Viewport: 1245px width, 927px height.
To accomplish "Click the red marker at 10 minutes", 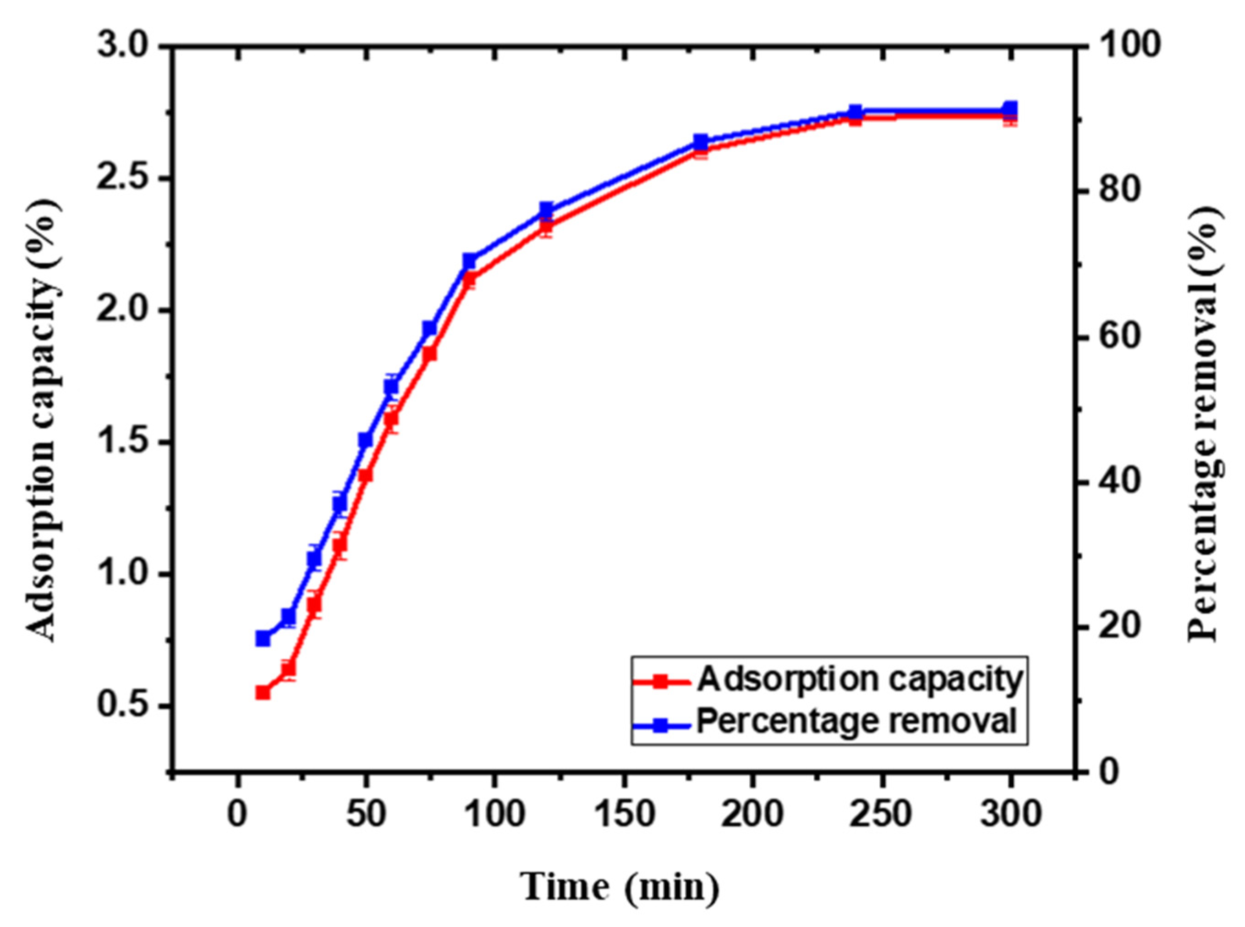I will click(x=263, y=692).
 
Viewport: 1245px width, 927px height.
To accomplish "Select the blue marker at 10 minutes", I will click(x=263, y=639).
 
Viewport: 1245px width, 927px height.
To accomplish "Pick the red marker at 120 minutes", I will click(x=546, y=226).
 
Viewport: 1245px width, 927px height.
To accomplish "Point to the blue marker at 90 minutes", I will click(x=469, y=261).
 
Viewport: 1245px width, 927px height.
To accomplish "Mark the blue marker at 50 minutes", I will click(x=366, y=440).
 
